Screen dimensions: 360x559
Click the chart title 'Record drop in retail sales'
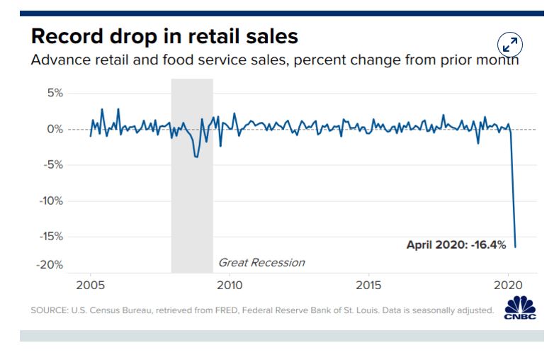164,36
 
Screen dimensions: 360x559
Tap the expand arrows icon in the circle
509,44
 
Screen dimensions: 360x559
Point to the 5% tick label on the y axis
55,93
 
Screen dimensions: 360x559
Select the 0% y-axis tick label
55,129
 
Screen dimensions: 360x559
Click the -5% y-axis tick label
53,165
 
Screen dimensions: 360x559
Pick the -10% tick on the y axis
51,201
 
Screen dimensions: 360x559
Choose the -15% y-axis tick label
51,236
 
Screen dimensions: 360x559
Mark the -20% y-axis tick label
51,265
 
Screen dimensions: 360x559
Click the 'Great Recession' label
261,263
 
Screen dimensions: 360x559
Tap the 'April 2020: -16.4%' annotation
456,244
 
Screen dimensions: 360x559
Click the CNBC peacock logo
521,308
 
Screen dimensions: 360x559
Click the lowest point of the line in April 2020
516,247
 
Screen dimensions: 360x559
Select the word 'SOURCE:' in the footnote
48,310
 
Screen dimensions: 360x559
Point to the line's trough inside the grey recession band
196,156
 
